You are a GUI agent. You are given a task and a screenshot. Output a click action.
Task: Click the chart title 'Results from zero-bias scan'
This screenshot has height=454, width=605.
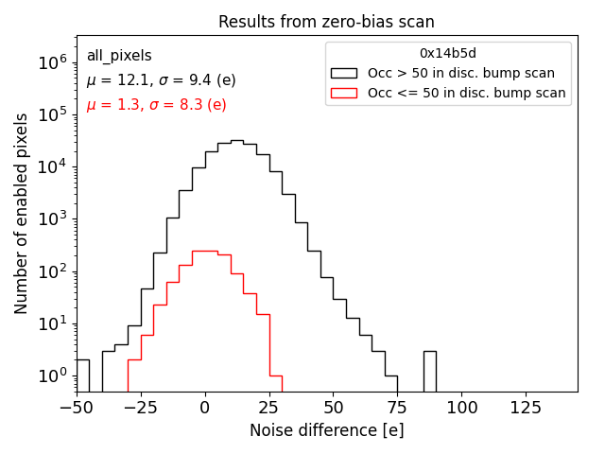click(326, 22)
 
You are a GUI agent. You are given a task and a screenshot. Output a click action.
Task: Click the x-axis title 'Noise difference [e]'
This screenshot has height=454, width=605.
click(326, 430)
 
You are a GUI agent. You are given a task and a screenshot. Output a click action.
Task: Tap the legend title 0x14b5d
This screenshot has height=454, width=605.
click(448, 53)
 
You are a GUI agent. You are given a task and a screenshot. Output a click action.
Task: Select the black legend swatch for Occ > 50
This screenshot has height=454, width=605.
click(344, 73)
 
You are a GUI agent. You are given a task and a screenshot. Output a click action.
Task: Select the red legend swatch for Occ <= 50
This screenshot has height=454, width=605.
click(344, 93)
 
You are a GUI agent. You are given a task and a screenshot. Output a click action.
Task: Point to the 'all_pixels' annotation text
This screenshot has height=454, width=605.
click(119, 56)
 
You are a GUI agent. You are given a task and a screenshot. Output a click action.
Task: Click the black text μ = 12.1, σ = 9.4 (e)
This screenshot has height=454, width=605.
click(162, 80)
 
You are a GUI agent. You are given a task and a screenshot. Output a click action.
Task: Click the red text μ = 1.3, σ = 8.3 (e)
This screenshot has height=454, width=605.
click(156, 105)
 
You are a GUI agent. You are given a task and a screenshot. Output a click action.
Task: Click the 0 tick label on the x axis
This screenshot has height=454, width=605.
click(205, 407)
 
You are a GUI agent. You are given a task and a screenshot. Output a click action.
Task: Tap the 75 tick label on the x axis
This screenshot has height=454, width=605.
click(397, 407)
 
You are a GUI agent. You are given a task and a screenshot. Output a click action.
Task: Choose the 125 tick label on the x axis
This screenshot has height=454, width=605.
click(526, 407)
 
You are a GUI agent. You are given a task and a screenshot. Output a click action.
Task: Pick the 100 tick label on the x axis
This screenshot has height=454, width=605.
click(461, 407)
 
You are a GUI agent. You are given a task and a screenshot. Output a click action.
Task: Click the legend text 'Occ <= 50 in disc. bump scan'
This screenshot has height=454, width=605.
click(467, 93)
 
